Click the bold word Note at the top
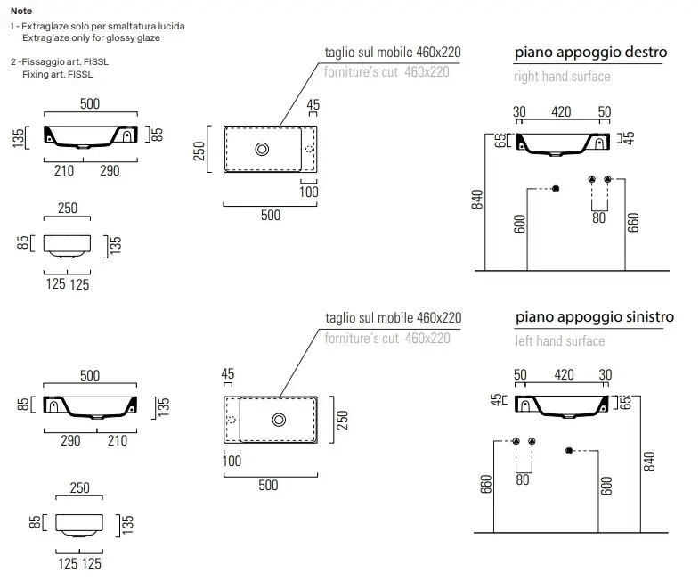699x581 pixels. (21, 11)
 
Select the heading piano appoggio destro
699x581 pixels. (590, 53)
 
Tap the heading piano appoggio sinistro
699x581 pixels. (594, 317)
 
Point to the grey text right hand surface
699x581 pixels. (562, 77)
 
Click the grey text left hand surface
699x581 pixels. (559, 340)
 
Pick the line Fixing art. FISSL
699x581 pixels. (57, 75)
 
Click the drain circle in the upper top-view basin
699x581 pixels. (263, 149)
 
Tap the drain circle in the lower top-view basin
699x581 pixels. (280, 420)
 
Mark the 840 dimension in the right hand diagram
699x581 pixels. (478, 200)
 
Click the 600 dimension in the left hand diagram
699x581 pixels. (606, 486)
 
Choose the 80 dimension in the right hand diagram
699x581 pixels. (598, 217)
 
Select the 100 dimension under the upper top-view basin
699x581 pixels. (308, 192)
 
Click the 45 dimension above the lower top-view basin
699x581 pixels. (228, 374)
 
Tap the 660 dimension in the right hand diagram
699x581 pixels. (633, 222)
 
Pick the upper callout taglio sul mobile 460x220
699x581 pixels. (393, 53)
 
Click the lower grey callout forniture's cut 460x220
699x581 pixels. (386, 338)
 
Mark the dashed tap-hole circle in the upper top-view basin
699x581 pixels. (309, 149)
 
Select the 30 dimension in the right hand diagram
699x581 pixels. (520, 112)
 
